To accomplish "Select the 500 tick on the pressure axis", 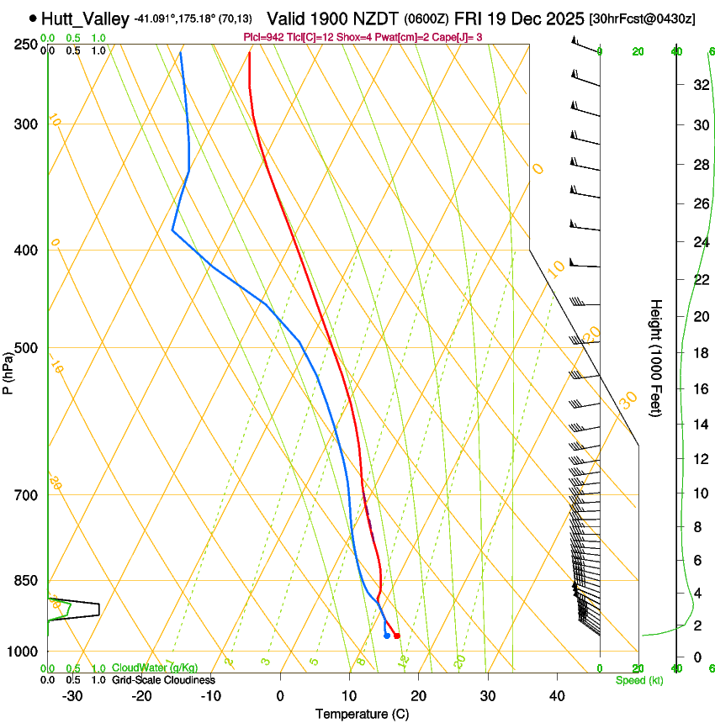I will [x=27, y=348].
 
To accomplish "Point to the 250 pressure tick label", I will [x=27, y=45].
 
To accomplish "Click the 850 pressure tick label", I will [x=27, y=581].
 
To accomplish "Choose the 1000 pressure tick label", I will [x=24, y=652].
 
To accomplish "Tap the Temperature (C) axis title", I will [x=362, y=714].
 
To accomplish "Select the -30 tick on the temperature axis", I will [x=71, y=696].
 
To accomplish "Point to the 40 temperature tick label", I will [x=556, y=696].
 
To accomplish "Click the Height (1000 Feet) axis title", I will [x=656, y=357].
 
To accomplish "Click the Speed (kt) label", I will [x=638, y=680].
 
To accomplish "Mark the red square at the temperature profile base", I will [x=397, y=636].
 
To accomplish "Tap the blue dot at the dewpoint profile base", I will [x=386, y=636].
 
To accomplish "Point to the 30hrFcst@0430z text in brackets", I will [x=643, y=18].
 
